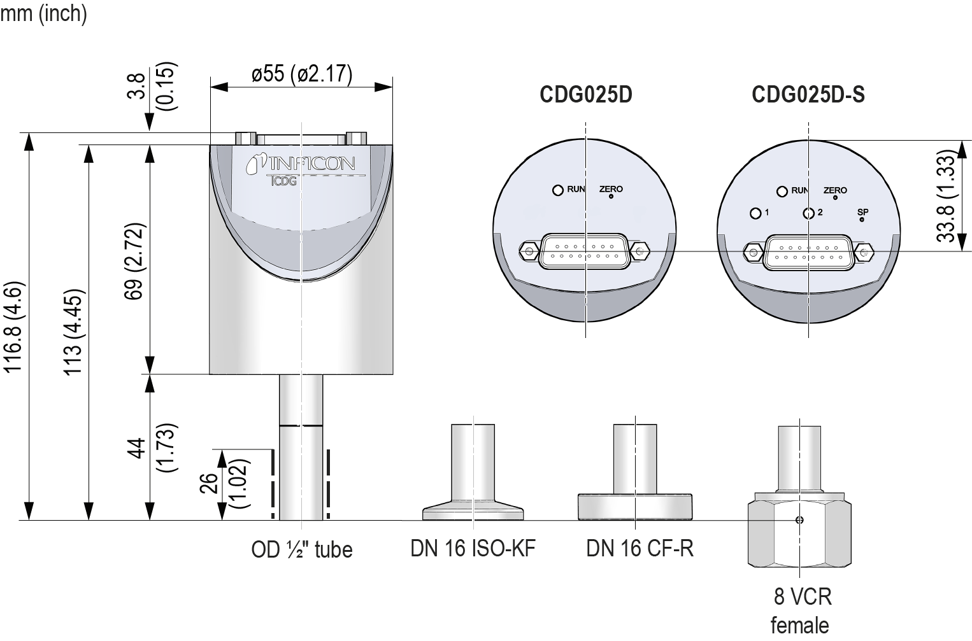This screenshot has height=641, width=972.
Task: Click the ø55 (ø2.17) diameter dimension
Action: click(301, 74)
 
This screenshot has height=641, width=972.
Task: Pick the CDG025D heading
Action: click(585, 94)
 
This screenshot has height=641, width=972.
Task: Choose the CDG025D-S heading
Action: click(808, 94)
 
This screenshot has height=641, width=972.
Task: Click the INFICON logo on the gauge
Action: click(301, 164)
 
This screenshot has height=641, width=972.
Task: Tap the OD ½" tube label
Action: click(301, 549)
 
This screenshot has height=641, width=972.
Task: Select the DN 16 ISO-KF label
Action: click(473, 548)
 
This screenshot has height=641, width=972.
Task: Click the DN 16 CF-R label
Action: click(639, 548)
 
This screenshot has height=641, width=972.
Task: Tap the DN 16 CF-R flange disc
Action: click(635, 506)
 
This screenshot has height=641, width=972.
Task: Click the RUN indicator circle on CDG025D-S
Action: click(782, 191)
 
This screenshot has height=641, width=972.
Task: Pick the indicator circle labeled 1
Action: click(755, 213)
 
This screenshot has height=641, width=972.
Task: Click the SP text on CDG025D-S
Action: click(862, 211)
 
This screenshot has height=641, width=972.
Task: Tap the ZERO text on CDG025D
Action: click(611, 189)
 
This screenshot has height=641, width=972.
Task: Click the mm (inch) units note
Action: click(43, 13)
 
